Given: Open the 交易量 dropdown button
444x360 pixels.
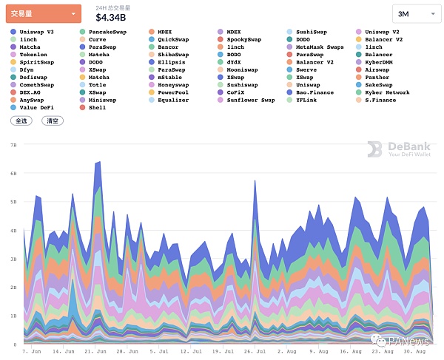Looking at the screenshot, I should pyautogui.click(x=43, y=13).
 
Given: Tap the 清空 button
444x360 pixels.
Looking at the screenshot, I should pyautogui.click(x=52, y=120).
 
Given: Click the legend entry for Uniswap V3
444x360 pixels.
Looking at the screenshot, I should pyautogui.click(x=36, y=32).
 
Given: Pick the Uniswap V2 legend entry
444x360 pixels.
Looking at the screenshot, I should pyautogui.click(x=382, y=32).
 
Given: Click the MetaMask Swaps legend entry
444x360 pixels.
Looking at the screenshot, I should pyautogui.click(x=320, y=47).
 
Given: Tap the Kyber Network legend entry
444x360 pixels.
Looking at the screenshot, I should pyautogui.click(x=387, y=92).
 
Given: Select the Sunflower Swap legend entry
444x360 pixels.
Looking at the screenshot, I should pyautogui.click(x=250, y=100).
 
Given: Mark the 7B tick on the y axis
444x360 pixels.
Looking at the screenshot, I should pyautogui.click(x=13, y=146).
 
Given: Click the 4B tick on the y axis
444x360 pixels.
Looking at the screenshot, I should pyautogui.click(x=13, y=231).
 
